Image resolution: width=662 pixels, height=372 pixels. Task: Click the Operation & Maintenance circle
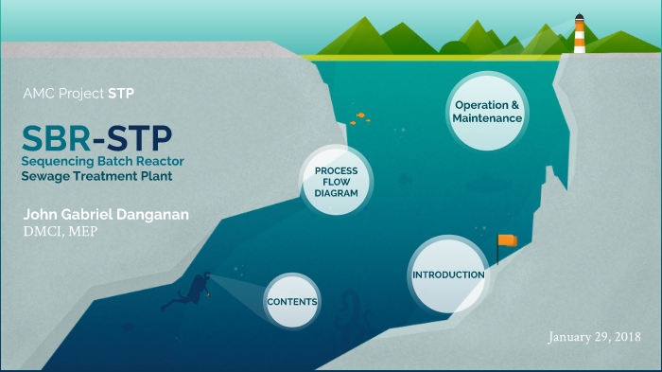pyautogui.click(x=487, y=112)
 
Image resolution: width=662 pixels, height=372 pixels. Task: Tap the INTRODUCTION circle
pyautogui.click(x=448, y=275)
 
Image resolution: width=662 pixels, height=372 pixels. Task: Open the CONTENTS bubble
pyautogui.click(x=291, y=301)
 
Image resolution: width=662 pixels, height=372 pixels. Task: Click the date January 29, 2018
pyautogui.click(x=594, y=337)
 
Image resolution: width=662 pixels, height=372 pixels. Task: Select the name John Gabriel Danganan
pyautogui.click(x=105, y=215)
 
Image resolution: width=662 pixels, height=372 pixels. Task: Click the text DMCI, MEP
pyautogui.click(x=59, y=231)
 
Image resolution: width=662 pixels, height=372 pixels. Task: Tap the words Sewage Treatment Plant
pyautogui.click(x=98, y=176)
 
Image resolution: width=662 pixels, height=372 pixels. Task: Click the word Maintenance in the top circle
pyautogui.click(x=487, y=119)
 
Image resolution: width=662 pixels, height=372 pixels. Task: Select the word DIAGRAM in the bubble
pyautogui.click(x=336, y=192)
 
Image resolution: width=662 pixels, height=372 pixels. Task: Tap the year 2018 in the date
pyautogui.click(x=626, y=337)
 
